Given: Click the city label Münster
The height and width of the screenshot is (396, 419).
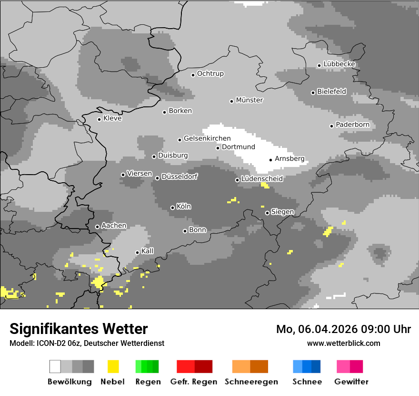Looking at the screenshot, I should (x=249, y=100).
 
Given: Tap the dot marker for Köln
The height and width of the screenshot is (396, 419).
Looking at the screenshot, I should (x=172, y=208).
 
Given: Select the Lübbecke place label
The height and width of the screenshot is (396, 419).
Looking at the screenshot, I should (x=339, y=64).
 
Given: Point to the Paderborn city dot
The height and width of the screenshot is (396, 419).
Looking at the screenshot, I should (x=331, y=126).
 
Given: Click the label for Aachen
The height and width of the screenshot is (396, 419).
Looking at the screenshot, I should (x=114, y=226).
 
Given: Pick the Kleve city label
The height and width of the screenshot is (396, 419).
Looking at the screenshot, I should (x=112, y=118).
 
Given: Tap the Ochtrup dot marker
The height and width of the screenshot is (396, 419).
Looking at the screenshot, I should (x=193, y=74).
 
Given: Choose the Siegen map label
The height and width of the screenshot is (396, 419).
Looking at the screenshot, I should (x=282, y=212).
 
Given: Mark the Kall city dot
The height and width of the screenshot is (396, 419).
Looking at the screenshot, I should (x=137, y=252).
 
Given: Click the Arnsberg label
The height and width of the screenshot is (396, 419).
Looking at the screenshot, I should (x=289, y=159).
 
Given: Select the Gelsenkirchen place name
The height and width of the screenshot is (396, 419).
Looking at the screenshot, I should (x=207, y=138).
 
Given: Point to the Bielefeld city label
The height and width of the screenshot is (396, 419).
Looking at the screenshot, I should (x=332, y=92).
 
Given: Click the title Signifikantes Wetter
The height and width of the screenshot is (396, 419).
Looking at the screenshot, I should (x=79, y=329).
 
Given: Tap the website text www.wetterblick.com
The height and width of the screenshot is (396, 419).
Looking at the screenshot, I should (x=343, y=343).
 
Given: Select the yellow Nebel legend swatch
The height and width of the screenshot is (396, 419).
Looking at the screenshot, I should (x=113, y=366).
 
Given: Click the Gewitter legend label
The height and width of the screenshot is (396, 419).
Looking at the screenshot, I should (x=351, y=382).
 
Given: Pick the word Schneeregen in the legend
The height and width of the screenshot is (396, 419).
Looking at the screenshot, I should (x=250, y=382).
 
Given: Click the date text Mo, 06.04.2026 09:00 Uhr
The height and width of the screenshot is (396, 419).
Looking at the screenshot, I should (x=343, y=329).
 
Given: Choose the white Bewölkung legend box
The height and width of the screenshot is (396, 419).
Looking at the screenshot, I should (x=55, y=366).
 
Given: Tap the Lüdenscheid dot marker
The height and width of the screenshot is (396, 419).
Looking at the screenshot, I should (x=237, y=180).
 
